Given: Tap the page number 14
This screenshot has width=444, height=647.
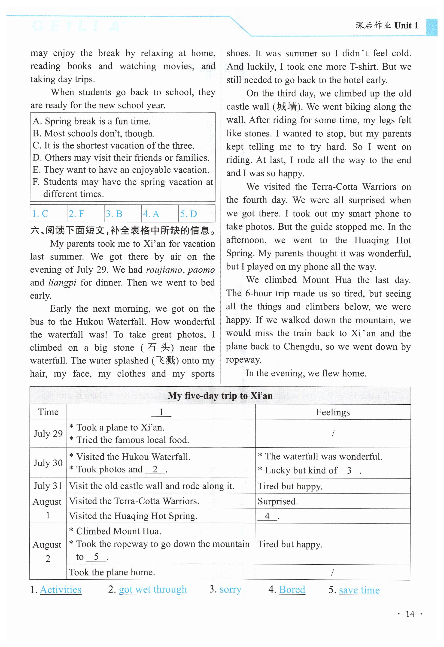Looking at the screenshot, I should coord(410,614).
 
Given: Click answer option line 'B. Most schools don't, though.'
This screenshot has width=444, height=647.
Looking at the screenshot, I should coord(94,133).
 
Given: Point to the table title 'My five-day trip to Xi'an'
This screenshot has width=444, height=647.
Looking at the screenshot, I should coord(220,396).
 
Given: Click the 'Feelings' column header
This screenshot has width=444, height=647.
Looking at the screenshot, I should coord(333,412).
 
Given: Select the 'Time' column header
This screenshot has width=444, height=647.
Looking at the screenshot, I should coord(48,412).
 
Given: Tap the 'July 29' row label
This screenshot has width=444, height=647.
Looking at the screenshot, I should coord(48,433).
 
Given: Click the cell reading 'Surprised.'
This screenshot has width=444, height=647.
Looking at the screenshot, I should coord(278,501).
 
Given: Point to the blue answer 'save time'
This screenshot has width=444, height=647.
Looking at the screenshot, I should coord(359,590).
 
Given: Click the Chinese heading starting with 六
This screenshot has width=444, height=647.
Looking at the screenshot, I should coord(123,230).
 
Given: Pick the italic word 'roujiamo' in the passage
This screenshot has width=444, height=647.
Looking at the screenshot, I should coord(164,270).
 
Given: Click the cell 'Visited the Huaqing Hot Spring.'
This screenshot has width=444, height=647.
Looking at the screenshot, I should coord(133,516).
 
